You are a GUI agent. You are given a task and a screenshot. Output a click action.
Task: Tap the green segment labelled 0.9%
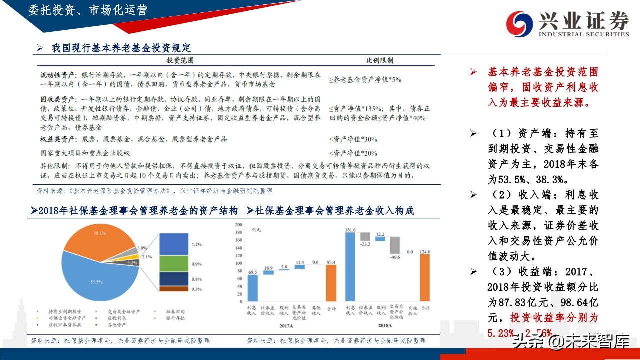click(174, 263)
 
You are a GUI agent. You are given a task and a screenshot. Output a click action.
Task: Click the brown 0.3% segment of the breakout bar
click(174, 289)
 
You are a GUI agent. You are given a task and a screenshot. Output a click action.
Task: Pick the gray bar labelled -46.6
click(396, 245)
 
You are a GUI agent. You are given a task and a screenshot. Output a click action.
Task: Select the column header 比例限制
click(379, 60)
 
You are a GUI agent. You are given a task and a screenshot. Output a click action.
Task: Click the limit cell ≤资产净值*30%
click(353, 139)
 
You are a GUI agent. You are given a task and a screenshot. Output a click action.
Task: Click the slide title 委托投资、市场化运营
click(88, 10)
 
